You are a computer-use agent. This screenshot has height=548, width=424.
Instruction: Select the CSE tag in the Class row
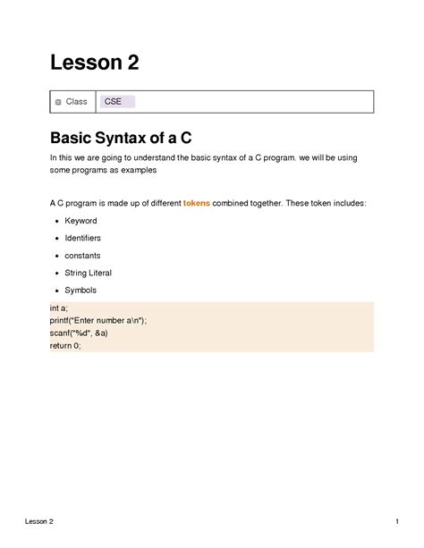(x=114, y=102)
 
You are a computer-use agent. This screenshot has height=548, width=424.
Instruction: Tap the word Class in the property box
(x=77, y=102)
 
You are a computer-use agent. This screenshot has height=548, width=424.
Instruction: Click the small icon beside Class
(x=58, y=103)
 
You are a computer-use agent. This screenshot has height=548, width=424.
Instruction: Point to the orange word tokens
(x=197, y=204)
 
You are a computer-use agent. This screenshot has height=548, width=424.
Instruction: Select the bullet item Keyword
(x=81, y=221)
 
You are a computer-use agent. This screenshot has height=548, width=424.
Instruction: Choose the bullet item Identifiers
(x=83, y=239)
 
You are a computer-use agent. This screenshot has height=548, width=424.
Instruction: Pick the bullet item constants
(x=82, y=256)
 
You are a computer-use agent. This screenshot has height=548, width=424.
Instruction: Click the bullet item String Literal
(x=89, y=274)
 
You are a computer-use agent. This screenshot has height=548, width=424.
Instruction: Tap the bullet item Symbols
(x=81, y=291)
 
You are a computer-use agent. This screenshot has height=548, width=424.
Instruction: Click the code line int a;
(x=59, y=308)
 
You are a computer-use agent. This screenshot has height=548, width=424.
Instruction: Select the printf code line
(x=98, y=321)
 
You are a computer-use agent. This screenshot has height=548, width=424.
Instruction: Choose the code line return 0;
(x=65, y=346)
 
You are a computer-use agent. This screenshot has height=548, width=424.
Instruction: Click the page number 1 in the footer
(x=395, y=521)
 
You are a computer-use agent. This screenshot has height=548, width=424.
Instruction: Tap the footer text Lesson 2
(x=39, y=521)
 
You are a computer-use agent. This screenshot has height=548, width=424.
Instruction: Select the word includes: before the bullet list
(x=345, y=204)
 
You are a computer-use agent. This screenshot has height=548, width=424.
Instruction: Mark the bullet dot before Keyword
(x=56, y=221)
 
